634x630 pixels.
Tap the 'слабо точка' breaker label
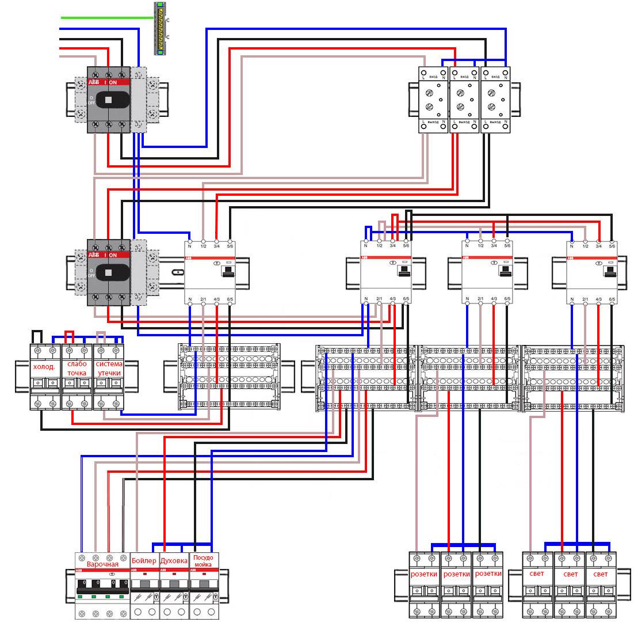[77, 369]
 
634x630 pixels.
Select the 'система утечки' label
[108, 369]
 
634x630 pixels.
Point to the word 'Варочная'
[102, 564]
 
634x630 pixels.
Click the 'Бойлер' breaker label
[143, 560]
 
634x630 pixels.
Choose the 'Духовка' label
[174, 560]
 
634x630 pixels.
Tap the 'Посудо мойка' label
[204, 561]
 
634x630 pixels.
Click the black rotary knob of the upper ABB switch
[108, 100]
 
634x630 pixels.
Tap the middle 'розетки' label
[456, 574]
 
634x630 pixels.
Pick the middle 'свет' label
[570, 574]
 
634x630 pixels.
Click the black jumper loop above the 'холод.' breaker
[37, 336]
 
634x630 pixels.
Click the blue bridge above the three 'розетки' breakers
[463, 544]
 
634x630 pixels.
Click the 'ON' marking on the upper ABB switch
[113, 82]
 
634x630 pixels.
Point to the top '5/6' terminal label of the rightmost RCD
[612, 246]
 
